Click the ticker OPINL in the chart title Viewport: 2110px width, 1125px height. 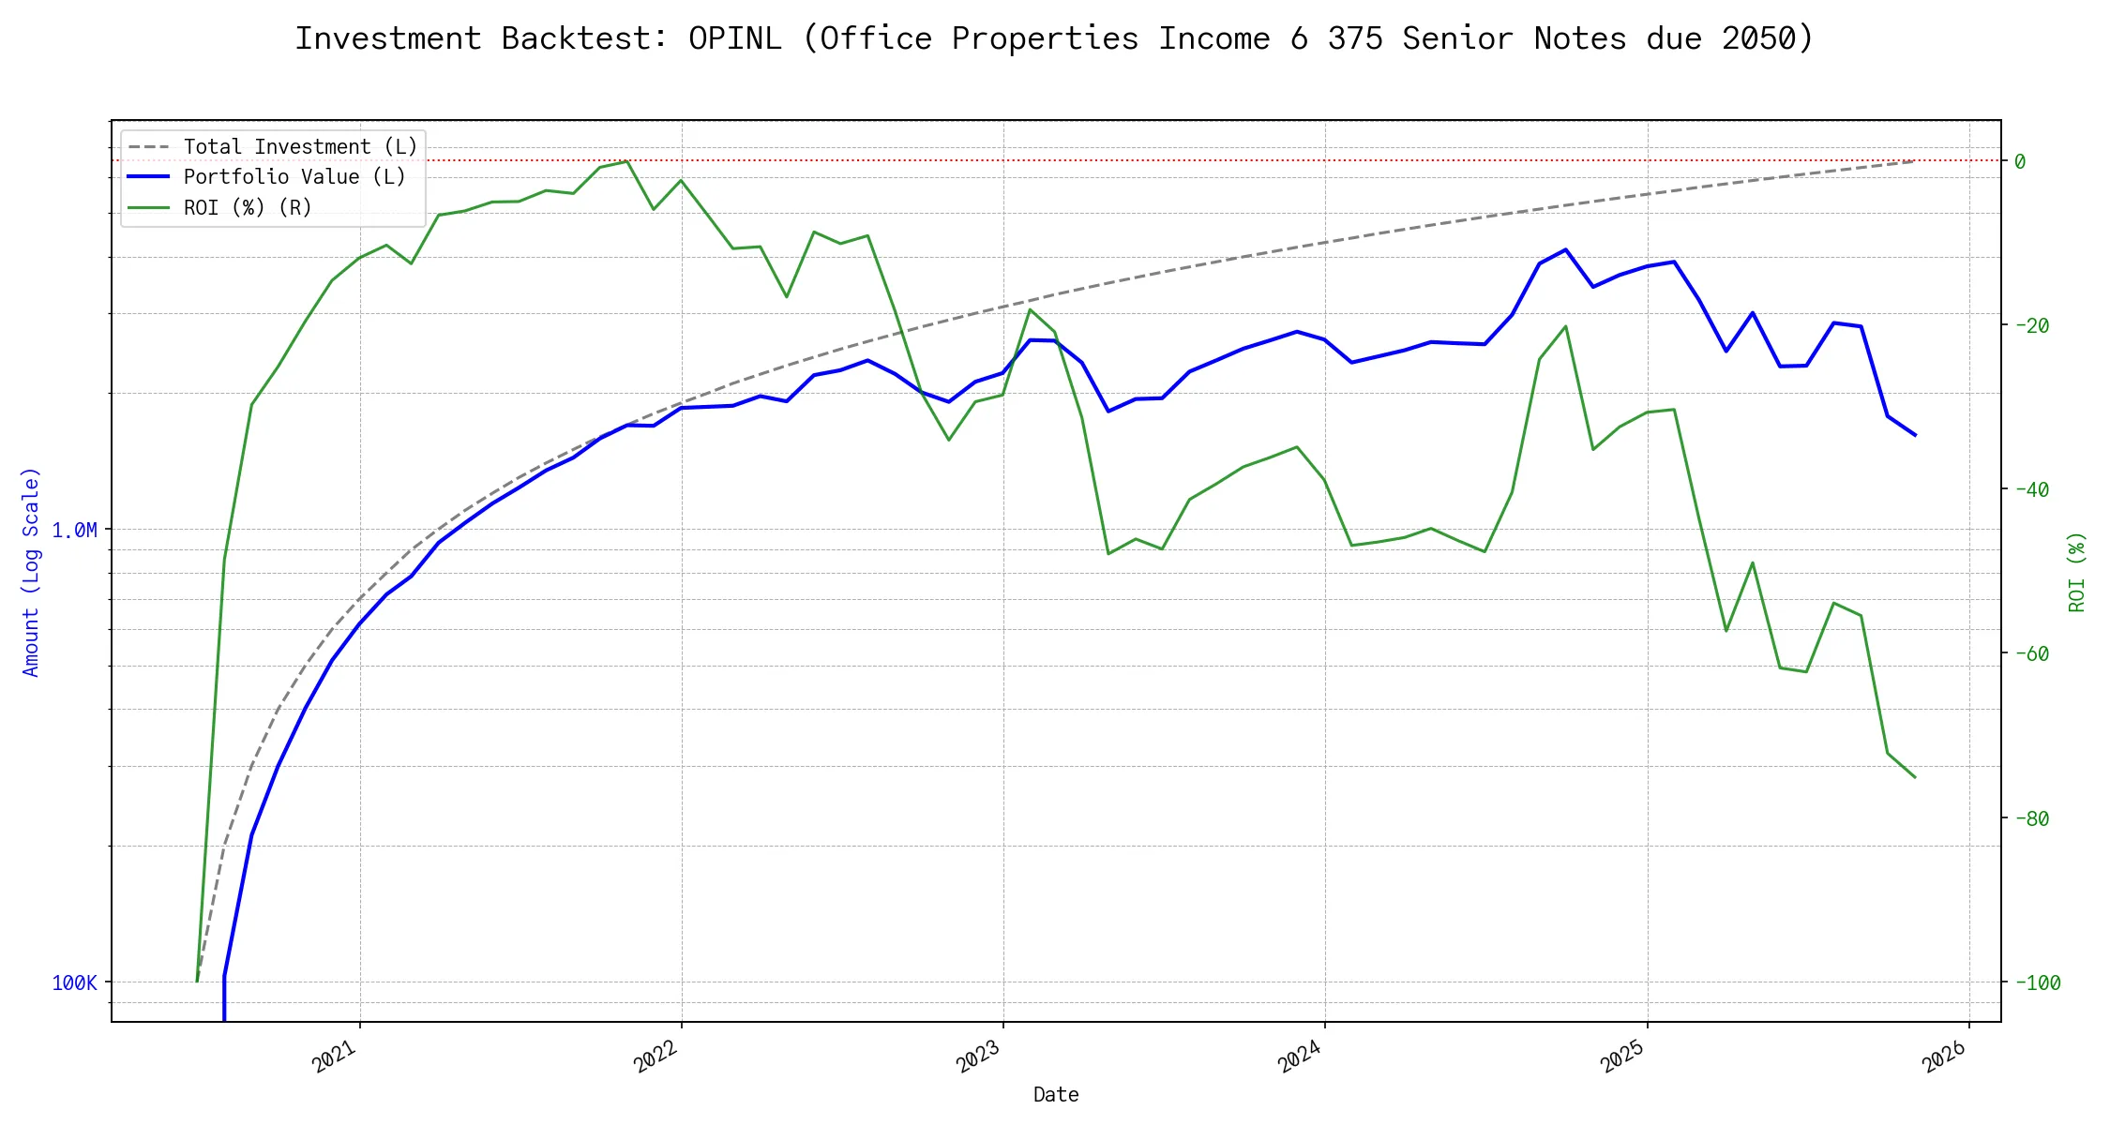pyautogui.click(x=734, y=38)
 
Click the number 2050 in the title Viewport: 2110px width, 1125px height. pyautogui.click(x=1758, y=38)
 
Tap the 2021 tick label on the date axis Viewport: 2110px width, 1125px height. pyautogui.click(x=335, y=1057)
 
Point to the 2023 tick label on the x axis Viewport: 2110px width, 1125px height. pyautogui.click(x=978, y=1057)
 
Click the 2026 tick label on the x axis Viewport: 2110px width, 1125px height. pyautogui.click(x=1944, y=1057)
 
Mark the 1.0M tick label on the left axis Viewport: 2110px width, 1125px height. pyautogui.click(x=74, y=531)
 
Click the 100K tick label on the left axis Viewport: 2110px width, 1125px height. pyautogui.click(x=74, y=982)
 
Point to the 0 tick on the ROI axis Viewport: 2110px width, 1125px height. pyautogui.click(x=2020, y=161)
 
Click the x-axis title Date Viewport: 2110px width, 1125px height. pyautogui.click(x=1056, y=1094)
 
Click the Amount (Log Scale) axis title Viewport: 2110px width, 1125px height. pyautogui.click(x=31, y=572)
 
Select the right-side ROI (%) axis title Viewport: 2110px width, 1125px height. pyautogui.click(x=2077, y=572)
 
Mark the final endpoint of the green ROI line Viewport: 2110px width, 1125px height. pyautogui.click(x=1915, y=777)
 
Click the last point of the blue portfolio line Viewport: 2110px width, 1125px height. pyautogui.click(x=1915, y=435)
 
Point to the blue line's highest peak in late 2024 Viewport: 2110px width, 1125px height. pyautogui.click(x=1566, y=249)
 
